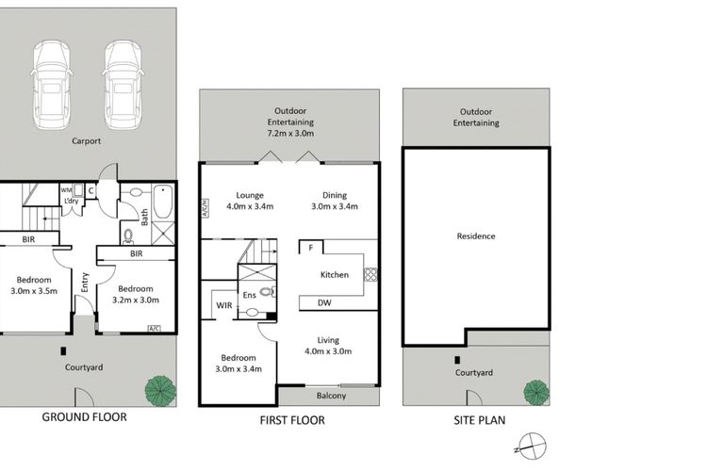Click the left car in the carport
pos(52,85)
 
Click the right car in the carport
pos(123,85)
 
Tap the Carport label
pos(86,141)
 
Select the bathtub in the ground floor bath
pos(163,202)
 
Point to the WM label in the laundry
pos(66,190)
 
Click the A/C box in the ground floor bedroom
pos(154,328)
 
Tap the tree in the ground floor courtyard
pos(160,390)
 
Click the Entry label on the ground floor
pos(85,283)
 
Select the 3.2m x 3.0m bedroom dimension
pos(136,300)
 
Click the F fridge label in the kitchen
pos(311,248)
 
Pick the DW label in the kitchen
pos(324,303)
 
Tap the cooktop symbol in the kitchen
pos(370,274)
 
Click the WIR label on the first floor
pos(224,305)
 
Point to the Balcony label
pos(332,396)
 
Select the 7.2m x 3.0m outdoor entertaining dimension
pos(291,134)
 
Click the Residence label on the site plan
pos(476,236)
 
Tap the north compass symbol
pos(532,447)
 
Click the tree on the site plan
pos(536,392)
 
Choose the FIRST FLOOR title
pos(292,420)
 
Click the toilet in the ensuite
pos(267,292)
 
